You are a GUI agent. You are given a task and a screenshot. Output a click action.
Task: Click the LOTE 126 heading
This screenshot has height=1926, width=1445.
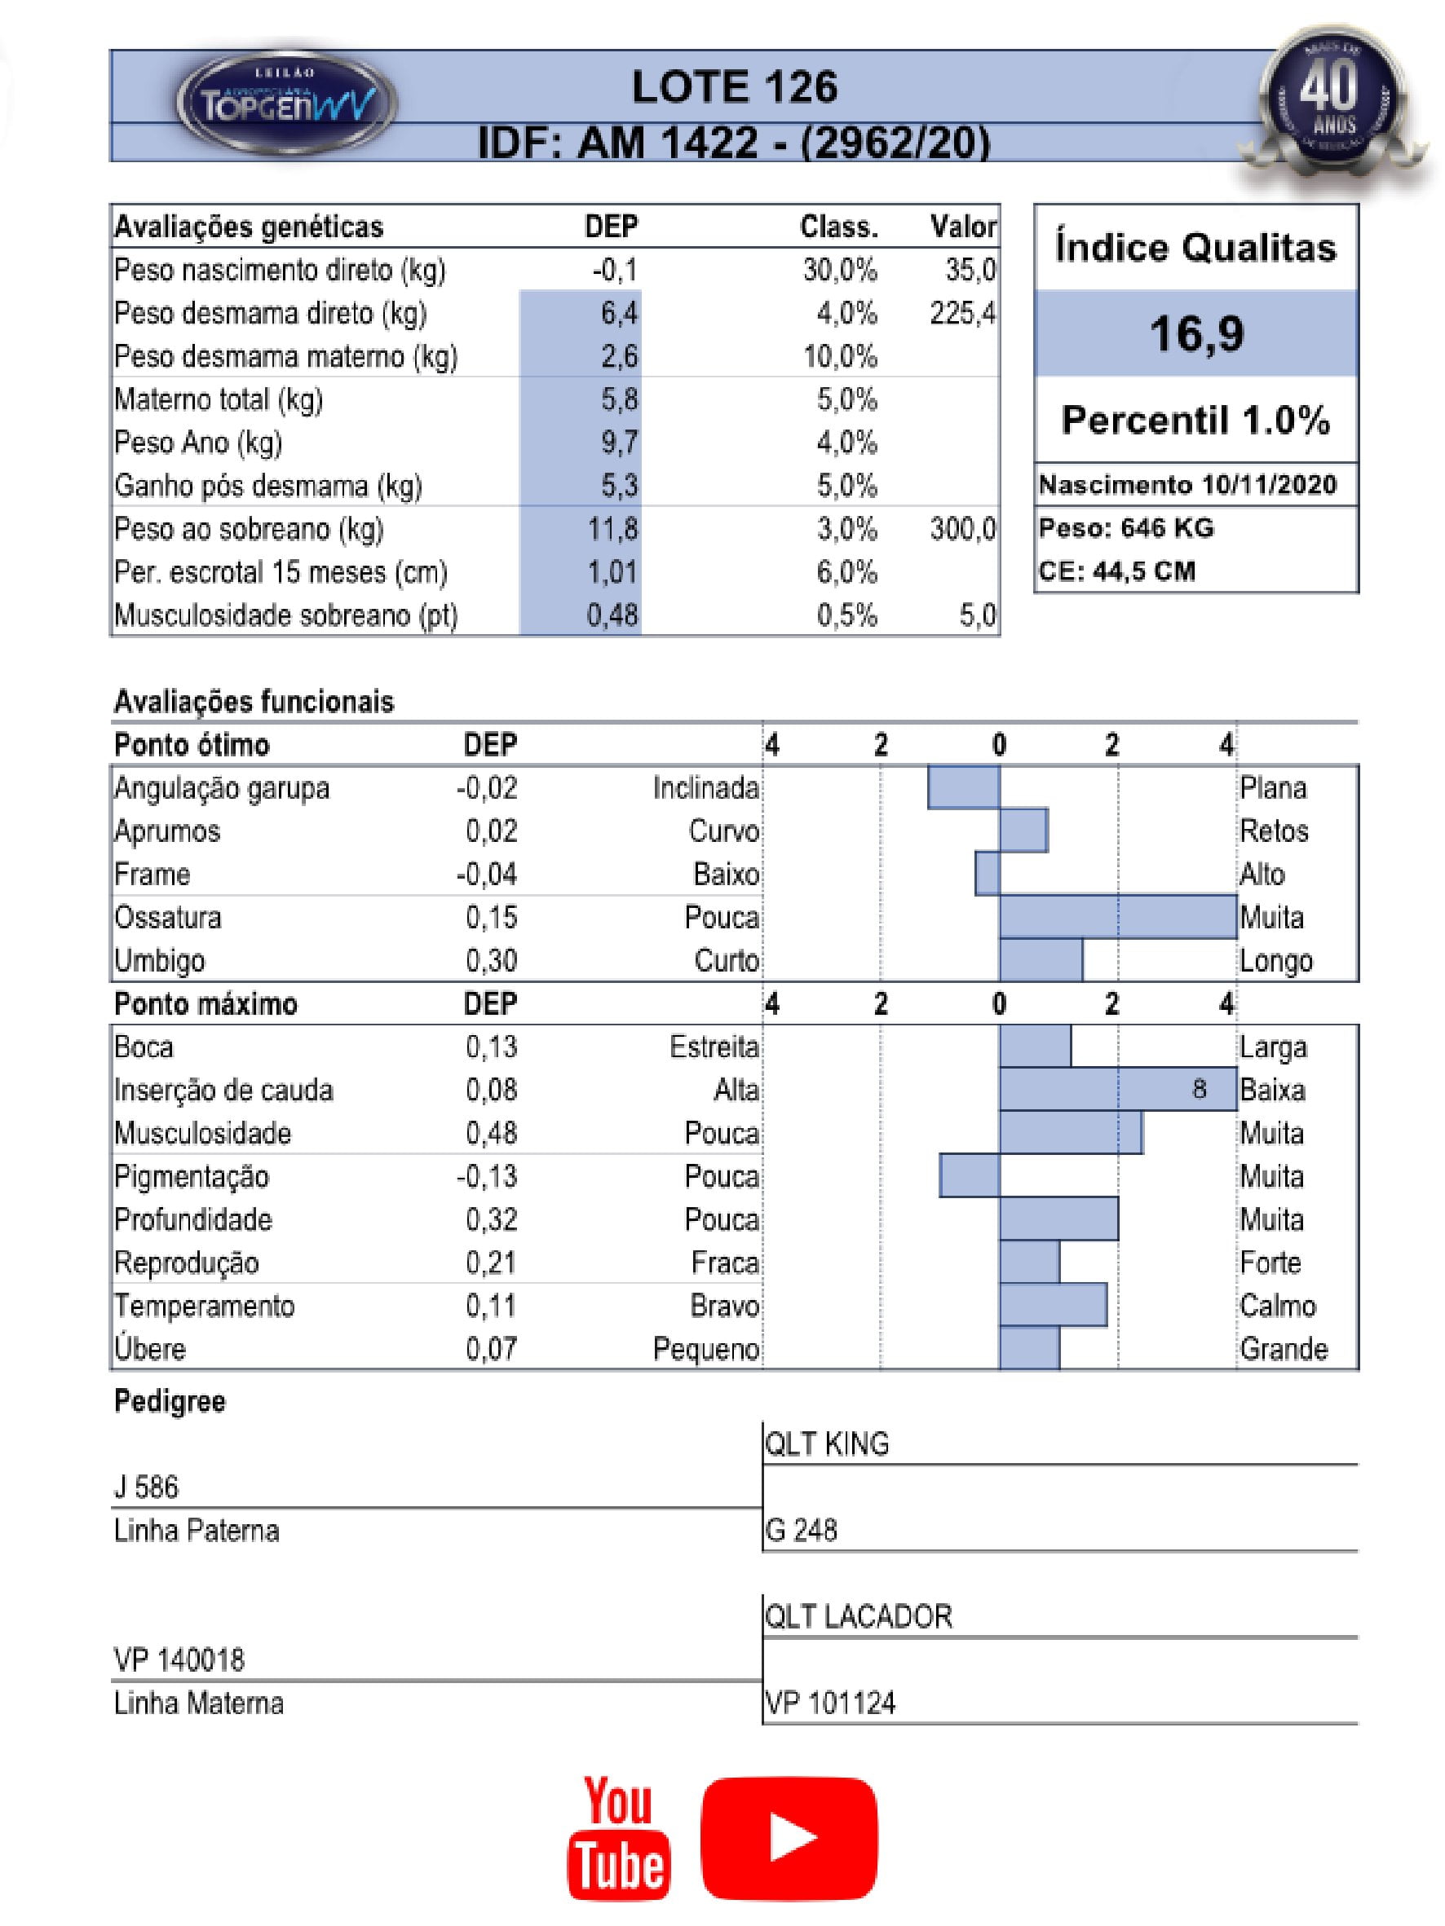734,87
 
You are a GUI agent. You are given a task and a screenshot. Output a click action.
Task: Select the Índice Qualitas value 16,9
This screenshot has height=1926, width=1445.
1196,333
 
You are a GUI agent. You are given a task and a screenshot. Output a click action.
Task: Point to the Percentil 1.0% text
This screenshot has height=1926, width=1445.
1196,420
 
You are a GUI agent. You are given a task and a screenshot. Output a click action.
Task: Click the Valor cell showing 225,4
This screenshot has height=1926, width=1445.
961,313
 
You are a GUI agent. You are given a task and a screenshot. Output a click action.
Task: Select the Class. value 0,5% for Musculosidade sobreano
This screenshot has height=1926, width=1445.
846,615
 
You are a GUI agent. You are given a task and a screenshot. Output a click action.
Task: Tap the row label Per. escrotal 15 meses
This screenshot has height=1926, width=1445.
281,572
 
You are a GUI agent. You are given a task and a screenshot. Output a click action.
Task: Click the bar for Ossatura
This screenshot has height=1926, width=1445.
1117,917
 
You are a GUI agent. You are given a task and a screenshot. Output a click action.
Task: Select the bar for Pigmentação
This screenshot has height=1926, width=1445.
970,1175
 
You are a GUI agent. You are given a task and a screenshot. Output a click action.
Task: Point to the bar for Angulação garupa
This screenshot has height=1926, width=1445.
963,787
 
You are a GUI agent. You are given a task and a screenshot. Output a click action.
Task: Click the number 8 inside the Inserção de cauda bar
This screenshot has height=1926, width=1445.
1199,1089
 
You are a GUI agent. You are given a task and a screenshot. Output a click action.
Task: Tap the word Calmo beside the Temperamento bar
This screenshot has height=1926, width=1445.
1277,1305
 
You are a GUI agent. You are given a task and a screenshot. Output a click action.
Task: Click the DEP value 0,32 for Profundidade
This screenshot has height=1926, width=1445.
491,1219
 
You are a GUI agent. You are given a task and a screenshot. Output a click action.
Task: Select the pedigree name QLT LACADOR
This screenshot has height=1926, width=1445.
858,1616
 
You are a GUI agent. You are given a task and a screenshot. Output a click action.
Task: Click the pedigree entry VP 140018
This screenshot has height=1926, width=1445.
179,1659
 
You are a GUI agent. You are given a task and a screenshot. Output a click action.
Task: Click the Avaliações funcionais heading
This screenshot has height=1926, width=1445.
254,702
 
